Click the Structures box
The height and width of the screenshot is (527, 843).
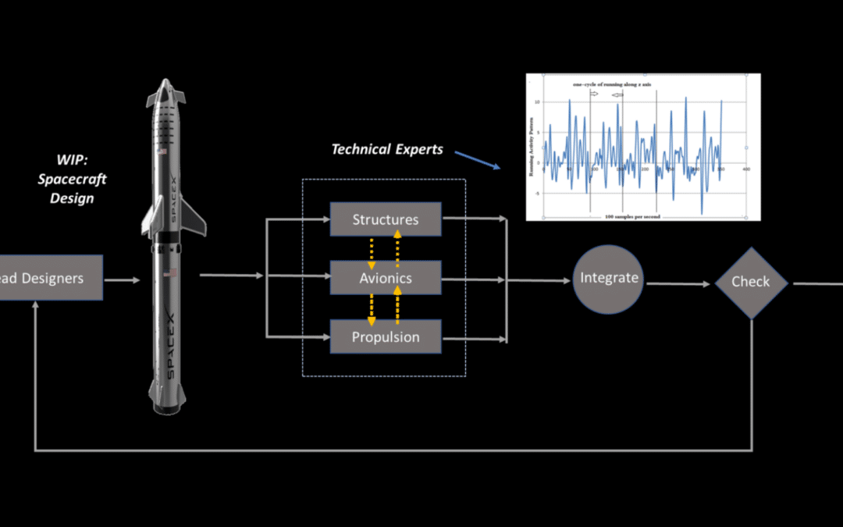386,219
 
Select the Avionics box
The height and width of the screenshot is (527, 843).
386,278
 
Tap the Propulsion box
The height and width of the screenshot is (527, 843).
386,337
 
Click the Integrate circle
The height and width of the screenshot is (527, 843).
609,278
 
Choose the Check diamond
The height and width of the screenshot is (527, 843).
750,282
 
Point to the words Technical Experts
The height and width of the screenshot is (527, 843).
387,149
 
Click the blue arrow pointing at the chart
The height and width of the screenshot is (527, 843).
477,158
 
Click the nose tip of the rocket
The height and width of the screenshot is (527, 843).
165,80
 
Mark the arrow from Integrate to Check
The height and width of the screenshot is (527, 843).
679,283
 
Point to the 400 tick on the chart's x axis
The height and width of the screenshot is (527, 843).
746,169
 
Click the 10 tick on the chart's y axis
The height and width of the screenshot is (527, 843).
538,102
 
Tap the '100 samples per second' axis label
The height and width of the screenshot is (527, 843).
632,216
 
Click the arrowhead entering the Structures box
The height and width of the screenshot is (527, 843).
325,220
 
